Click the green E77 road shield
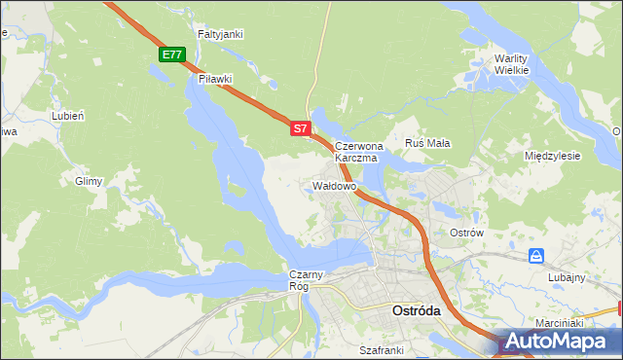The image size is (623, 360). [172, 54]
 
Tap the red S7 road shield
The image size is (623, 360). [301, 127]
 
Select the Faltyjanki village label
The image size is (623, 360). [220, 34]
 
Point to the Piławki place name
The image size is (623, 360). [214, 79]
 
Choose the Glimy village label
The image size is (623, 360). [89, 181]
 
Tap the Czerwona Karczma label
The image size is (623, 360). [359, 151]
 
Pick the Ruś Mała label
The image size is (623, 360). [427, 143]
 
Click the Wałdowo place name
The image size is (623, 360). [335, 185]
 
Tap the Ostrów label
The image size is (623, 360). [466, 234]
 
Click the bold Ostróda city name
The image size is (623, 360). [416, 311]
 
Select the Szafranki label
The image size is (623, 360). [381, 348]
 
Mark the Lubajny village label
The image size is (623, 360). [567, 277]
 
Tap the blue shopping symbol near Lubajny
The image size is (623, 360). [536, 256]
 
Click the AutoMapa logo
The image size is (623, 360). [561, 342]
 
